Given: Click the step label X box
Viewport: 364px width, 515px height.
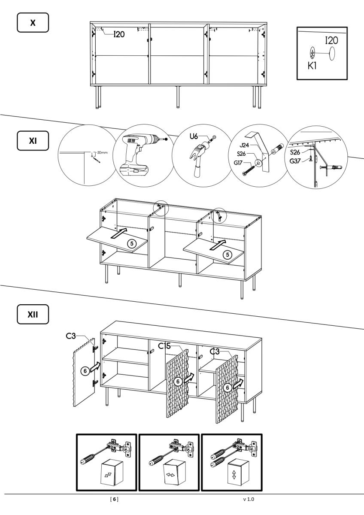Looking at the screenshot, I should [33, 22].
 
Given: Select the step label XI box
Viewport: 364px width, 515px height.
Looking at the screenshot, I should [33, 141].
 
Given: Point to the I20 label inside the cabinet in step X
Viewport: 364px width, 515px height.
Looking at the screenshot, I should [119, 35].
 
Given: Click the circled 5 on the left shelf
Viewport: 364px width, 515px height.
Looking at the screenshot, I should [133, 243].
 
